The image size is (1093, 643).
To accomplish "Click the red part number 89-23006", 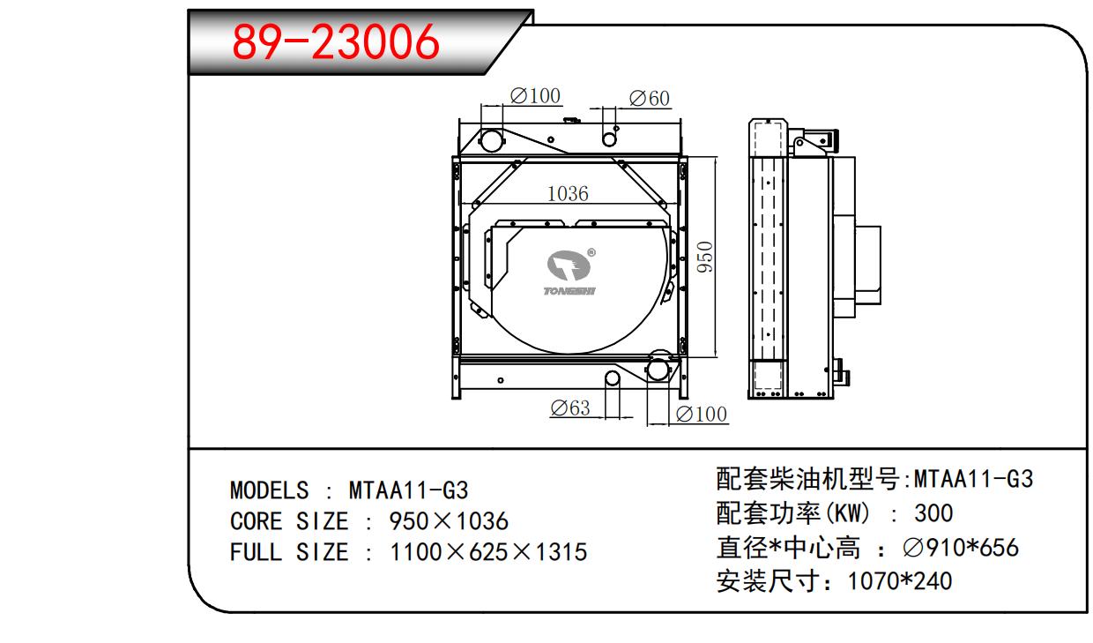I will click(x=335, y=41).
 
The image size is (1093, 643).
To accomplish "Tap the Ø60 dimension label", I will click(x=649, y=99).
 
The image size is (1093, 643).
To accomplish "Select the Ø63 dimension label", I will click(x=569, y=408).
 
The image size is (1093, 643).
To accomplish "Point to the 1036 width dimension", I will click(x=567, y=193).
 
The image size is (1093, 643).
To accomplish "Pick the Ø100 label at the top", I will click(x=535, y=95).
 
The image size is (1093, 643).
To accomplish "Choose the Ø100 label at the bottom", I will click(x=702, y=415).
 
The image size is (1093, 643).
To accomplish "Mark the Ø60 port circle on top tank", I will click(x=609, y=138).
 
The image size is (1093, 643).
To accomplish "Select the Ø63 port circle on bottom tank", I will click(x=613, y=378).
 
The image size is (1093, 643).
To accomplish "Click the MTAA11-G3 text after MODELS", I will click(x=408, y=490).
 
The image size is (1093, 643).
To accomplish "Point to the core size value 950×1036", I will click(x=449, y=521).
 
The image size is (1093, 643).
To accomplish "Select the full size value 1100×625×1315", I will click(x=488, y=552).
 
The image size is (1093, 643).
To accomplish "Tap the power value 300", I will click(x=933, y=512).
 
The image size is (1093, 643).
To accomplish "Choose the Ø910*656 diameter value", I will click(x=961, y=548).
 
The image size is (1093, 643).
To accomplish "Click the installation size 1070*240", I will click(x=899, y=581).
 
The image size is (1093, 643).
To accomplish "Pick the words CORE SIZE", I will click(x=289, y=521).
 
